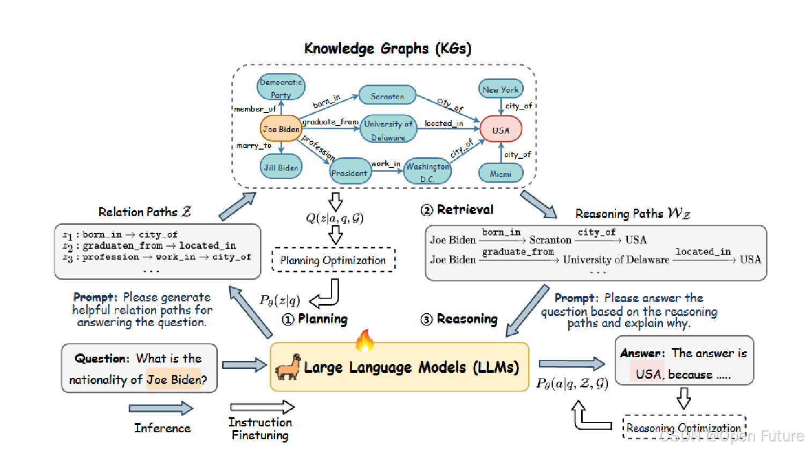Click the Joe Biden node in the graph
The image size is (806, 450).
[x=281, y=129]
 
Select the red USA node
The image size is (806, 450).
[x=500, y=130]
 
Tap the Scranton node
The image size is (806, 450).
[x=387, y=96]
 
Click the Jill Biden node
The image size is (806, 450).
[x=281, y=167]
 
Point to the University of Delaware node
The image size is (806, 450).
[x=389, y=130]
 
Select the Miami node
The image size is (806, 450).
[x=500, y=174]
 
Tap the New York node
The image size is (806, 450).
[x=500, y=90]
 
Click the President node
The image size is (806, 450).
[x=349, y=172]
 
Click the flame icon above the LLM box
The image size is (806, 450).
[x=364, y=340]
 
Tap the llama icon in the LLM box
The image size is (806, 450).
[x=288, y=367]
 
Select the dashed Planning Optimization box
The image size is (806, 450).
[x=333, y=260]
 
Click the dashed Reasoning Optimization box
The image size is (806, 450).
[x=684, y=427]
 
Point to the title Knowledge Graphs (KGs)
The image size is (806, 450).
[x=387, y=48]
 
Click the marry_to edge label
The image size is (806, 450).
[x=254, y=145]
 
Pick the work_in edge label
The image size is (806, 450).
[x=385, y=164]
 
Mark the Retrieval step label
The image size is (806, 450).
[x=457, y=210]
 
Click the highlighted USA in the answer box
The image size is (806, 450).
[x=648, y=374]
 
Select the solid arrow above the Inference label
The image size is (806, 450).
[x=160, y=409]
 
